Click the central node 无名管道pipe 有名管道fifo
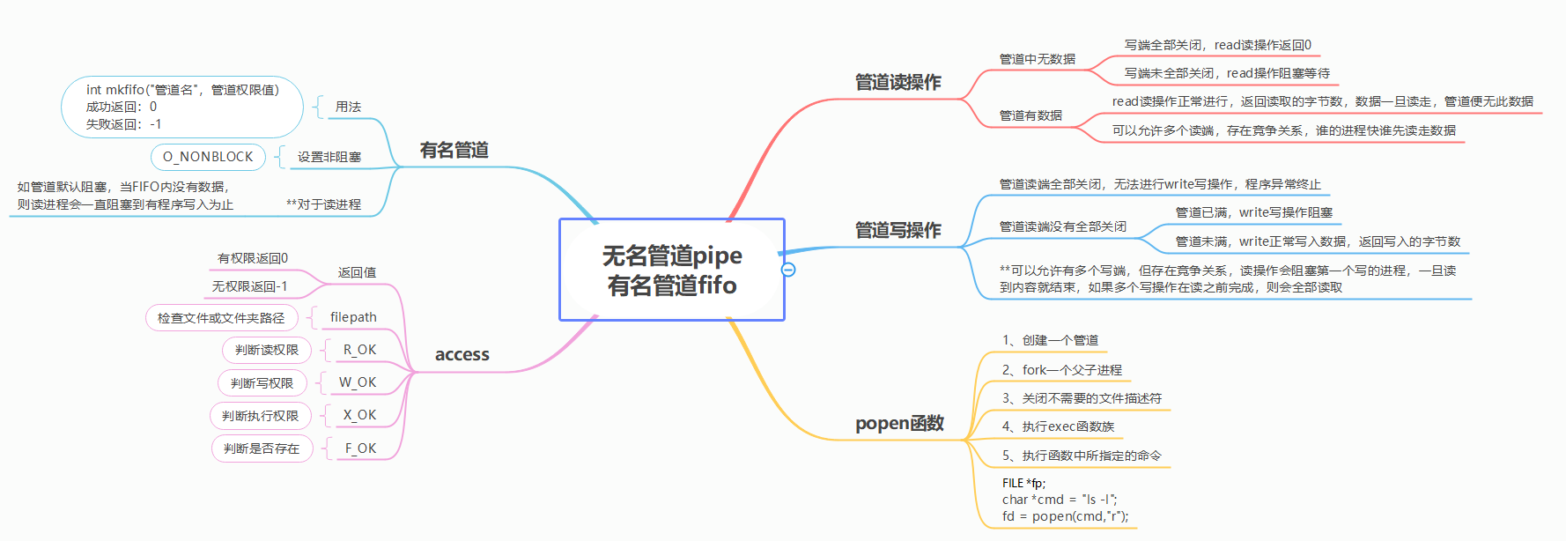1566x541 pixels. point(672,270)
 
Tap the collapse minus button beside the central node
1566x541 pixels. point(788,270)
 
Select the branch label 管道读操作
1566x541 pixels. point(897,82)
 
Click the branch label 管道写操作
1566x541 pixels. point(897,230)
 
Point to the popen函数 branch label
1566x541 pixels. point(899,423)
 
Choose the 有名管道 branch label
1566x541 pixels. point(454,150)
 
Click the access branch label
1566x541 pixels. point(462,354)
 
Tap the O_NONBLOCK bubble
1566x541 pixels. point(208,157)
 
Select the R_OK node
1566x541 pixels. point(359,350)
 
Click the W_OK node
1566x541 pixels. point(358,382)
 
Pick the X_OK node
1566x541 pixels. point(359,415)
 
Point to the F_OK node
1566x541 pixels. point(360,448)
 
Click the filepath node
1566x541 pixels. point(353,317)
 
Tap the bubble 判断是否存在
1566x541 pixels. point(262,448)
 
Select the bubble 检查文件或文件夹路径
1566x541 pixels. point(221,318)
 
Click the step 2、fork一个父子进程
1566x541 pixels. point(1061,370)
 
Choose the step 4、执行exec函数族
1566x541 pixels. point(1058,426)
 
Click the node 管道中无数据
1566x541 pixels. point(1037,59)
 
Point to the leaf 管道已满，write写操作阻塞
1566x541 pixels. point(1253,212)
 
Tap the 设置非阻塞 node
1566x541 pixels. point(329,157)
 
